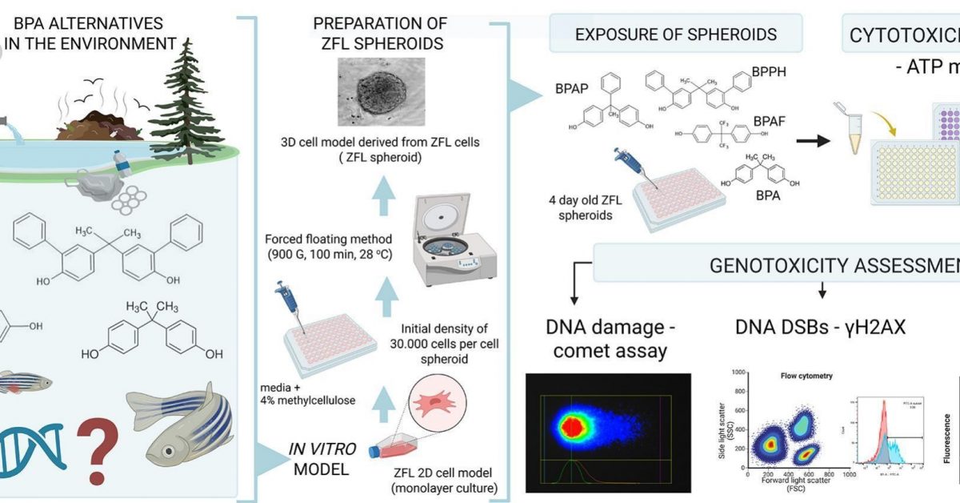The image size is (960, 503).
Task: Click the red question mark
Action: [98, 453]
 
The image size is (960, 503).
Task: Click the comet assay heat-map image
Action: [608, 433]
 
